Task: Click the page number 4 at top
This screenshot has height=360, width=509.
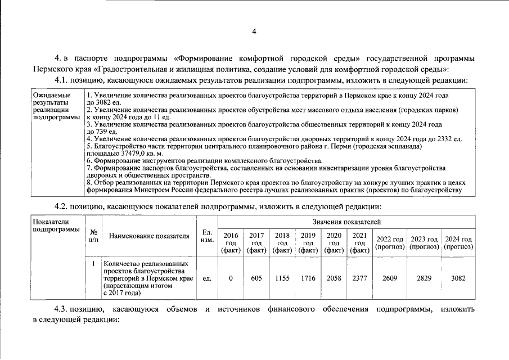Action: (x=254, y=32)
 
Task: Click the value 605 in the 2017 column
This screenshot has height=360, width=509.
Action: (x=256, y=278)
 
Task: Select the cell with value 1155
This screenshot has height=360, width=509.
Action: (x=282, y=278)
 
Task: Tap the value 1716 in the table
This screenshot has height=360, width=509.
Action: (x=308, y=278)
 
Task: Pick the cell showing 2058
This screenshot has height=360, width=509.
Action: (x=334, y=278)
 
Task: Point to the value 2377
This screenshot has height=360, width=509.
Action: (x=359, y=278)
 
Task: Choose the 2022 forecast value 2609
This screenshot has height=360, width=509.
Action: (x=390, y=278)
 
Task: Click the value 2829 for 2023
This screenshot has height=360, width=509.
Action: (x=425, y=278)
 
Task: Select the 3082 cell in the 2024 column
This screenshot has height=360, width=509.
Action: (x=458, y=278)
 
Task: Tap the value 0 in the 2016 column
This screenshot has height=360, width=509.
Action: (x=231, y=278)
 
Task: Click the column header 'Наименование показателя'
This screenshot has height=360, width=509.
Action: (x=149, y=236)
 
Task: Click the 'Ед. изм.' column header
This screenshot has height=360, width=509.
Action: (x=206, y=236)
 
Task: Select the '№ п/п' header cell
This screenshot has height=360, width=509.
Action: (x=93, y=236)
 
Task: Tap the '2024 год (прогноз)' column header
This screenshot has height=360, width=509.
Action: (x=458, y=243)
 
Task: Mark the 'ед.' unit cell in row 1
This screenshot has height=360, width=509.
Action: (x=206, y=278)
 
